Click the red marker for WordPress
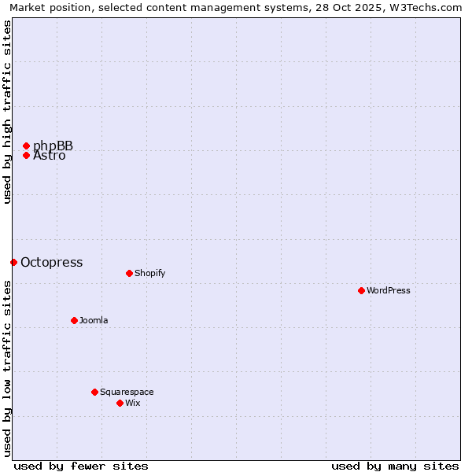point(361,290)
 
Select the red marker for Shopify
point(129,273)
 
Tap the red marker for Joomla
point(74,320)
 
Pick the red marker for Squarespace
point(94,392)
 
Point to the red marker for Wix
point(120,403)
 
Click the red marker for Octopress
point(13,262)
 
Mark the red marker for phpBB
point(26,146)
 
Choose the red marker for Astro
point(26,155)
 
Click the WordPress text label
point(389,290)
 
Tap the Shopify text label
point(149,273)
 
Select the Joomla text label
point(94,320)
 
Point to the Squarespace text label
point(127,392)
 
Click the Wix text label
point(132,403)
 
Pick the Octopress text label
point(51,262)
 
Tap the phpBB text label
point(53,146)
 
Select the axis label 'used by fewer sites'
point(81,466)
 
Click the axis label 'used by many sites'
point(395,466)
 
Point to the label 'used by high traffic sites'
point(7,112)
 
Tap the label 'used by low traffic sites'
point(7,368)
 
